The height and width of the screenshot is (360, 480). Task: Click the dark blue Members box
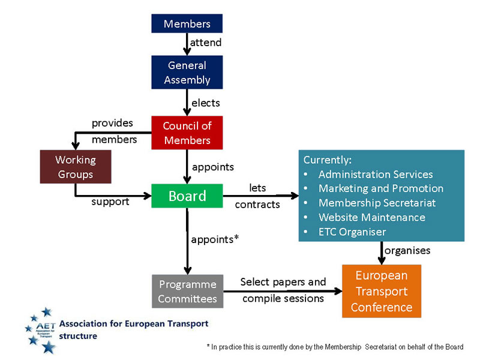coord(187,24)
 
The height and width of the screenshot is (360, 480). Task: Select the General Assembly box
coord(187,73)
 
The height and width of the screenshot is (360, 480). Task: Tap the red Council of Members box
coord(187,133)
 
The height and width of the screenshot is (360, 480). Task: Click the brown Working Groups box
coord(75,167)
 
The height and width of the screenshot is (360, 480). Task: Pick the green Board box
coord(187,196)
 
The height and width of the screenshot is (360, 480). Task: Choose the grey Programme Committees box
coord(187,291)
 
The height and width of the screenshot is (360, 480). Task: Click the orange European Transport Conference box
coord(381,291)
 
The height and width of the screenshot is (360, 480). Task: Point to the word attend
coord(206,43)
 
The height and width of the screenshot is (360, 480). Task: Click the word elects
coord(205,103)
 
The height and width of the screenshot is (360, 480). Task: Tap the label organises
coord(407,250)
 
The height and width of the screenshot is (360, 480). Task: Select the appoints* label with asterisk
coord(215,239)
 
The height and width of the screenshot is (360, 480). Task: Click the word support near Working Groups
coord(110,202)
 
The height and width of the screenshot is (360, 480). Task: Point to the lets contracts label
coord(257,196)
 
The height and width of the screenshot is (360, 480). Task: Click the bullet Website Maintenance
coord(371,217)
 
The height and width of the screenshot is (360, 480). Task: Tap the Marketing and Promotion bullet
coord(380,188)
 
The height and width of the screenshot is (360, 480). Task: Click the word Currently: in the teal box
coord(327,160)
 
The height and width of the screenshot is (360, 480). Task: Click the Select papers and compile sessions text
coord(283,290)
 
